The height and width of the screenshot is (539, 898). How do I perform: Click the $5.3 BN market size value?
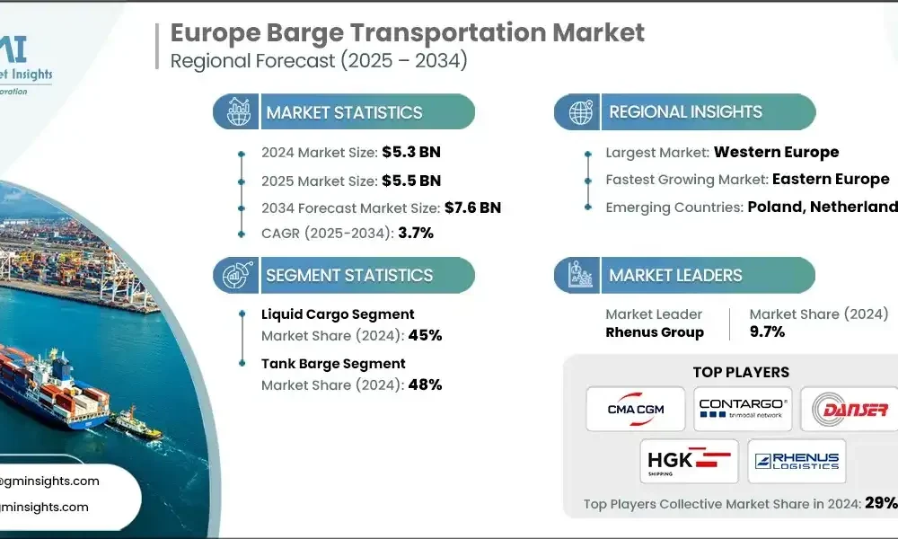[411, 152]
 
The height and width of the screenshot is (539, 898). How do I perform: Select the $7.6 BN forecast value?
[472, 208]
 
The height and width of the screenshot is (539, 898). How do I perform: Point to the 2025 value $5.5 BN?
[411, 180]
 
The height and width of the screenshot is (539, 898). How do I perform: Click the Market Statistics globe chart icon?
[238, 112]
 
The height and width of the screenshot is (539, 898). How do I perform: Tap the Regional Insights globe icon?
[580, 112]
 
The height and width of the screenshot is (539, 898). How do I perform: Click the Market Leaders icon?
[580, 275]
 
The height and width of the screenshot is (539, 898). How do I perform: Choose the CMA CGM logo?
[635, 410]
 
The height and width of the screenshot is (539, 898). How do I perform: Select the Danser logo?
[850, 410]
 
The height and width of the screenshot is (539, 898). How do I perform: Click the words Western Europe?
[777, 152]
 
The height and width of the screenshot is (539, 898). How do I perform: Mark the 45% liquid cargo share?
[425, 336]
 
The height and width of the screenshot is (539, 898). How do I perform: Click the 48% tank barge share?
[425, 385]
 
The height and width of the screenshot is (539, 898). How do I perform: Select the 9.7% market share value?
[768, 331]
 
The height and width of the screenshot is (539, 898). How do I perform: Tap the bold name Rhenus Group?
[655, 332]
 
